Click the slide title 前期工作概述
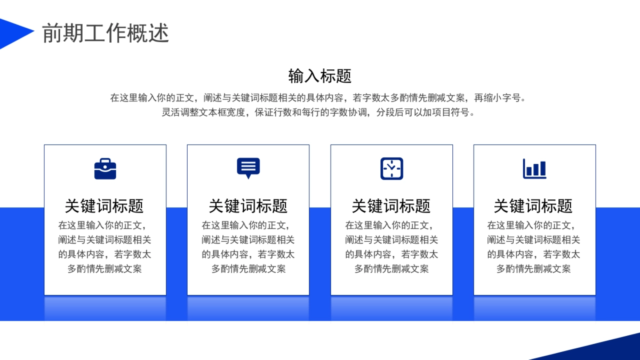pos(106,33)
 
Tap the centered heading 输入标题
pos(320,76)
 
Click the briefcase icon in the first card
pos(105,169)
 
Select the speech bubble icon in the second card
pos(248,168)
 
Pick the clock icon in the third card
pos(391,169)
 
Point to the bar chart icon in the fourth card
pos(534,169)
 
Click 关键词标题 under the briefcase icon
pos(105,206)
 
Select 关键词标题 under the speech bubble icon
pos(248,206)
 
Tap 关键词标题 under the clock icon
pos(391,206)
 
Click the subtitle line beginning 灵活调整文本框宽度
pos(318,113)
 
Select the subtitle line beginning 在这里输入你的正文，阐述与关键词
pos(318,98)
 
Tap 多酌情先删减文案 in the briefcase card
pos(105,269)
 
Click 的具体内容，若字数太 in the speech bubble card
pos(248,254)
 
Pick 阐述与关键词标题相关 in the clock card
pos(391,240)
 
